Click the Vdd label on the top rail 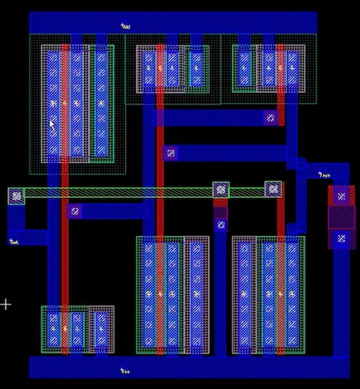tap(124, 26)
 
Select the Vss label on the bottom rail tap(124, 371)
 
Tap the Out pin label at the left tap(13, 242)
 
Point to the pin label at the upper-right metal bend tap(324, 175)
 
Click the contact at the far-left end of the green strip tap(16, 196)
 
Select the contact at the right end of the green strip tap(273, 190)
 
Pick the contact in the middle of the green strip tap(221, 190)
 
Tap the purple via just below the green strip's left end tap(74, 211)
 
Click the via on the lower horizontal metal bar tap(170, 152)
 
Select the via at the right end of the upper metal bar tap(270, 118)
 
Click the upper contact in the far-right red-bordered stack tap(341, 196)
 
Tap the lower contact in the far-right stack tap(341, 239)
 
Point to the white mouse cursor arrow tap(50, 124)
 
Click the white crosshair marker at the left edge tap(6, 305)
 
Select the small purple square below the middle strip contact tap(220, 223)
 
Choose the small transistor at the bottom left tap(77, 329)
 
